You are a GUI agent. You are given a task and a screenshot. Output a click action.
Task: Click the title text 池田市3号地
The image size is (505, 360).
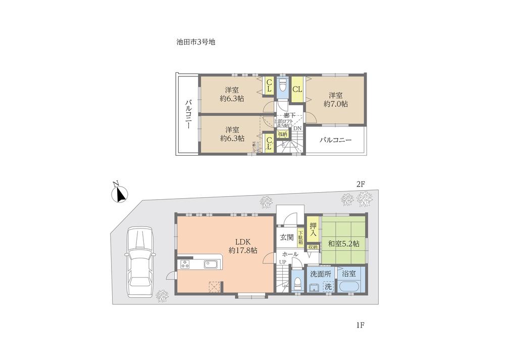coord(192,43)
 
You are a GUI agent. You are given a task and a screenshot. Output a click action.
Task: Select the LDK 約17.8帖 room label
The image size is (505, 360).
coord(242,246)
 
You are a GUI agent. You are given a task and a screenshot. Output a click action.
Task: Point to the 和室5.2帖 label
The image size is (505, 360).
coord(343,244)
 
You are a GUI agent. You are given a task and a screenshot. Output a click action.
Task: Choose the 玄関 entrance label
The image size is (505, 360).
coord(286,237)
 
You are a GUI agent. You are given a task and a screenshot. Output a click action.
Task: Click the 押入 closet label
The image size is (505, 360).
coord(313,230)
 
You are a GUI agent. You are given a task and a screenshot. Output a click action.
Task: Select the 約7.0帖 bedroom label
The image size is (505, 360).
coord(336,99)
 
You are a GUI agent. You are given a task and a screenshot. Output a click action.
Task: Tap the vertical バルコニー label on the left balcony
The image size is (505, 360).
coord(187,114)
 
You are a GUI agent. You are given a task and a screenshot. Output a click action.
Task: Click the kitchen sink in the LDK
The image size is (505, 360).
coord(211,264)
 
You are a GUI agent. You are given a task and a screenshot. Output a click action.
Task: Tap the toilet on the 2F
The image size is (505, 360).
coord(282,86)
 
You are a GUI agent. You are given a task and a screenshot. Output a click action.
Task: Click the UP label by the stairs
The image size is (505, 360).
coord(283,261)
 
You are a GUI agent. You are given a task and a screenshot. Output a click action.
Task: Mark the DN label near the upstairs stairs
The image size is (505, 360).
coord(297,128)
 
